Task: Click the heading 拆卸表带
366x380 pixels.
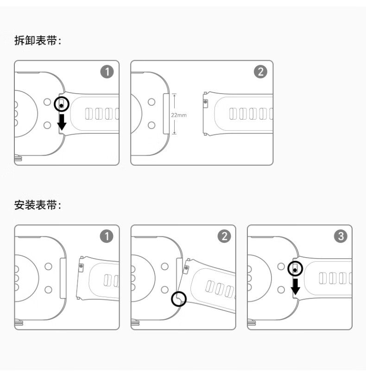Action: click(38, 41)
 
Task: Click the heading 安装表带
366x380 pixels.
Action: click(38, 205)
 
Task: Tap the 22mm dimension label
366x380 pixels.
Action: click(179, 114)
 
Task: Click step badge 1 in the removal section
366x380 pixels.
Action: click(107, 72)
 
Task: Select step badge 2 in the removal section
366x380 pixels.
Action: click(260, 72)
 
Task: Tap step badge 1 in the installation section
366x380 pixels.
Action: click(107, 237)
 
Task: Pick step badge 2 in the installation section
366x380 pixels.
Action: click(224, 237)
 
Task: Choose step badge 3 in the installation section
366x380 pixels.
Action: click(341, 237)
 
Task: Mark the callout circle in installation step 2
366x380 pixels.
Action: click(178, 299)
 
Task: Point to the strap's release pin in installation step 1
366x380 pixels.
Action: click(82, 266)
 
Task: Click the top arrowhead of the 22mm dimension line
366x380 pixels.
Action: click(175, 95)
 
